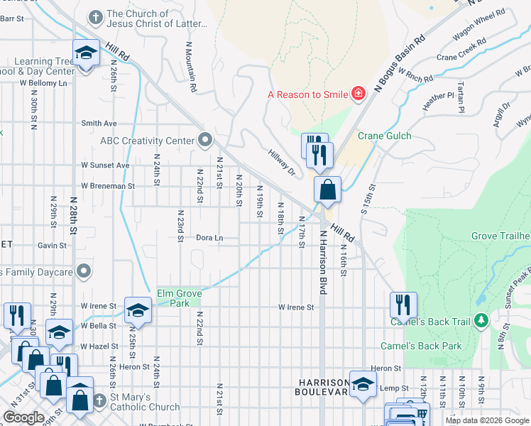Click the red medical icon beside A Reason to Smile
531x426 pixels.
point(358,94)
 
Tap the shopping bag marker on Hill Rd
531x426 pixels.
point(327,190)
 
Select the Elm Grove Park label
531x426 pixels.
point(180,297)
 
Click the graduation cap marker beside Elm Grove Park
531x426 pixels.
point(138,310)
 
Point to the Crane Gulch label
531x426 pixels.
point(384,136)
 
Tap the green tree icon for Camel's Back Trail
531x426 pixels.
point(481,321)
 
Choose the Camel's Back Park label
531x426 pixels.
point(431,346)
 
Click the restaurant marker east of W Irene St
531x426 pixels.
point(403,305)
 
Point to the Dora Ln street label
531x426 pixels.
point(209,238)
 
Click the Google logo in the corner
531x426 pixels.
point(23,417)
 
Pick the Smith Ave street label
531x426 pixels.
point(99,123)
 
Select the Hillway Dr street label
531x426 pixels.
point(282,162)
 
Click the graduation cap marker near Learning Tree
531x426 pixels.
point(86,53)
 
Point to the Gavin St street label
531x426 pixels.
point(53,245)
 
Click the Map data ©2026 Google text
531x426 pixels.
point(486,420)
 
